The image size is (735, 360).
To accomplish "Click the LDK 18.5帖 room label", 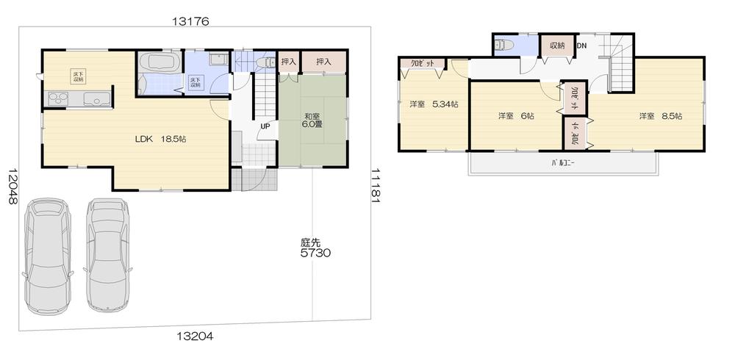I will point(159,138).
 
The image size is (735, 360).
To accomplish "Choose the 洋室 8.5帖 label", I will point(660,116).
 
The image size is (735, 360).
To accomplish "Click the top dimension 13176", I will point(191,21).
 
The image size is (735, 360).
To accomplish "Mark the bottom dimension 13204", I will point(195,336).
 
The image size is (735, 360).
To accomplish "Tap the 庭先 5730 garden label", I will point(315,248).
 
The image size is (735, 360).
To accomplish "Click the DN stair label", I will point(581,46).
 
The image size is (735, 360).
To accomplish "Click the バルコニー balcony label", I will point(562,162).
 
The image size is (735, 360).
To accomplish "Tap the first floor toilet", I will point(264,63).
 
